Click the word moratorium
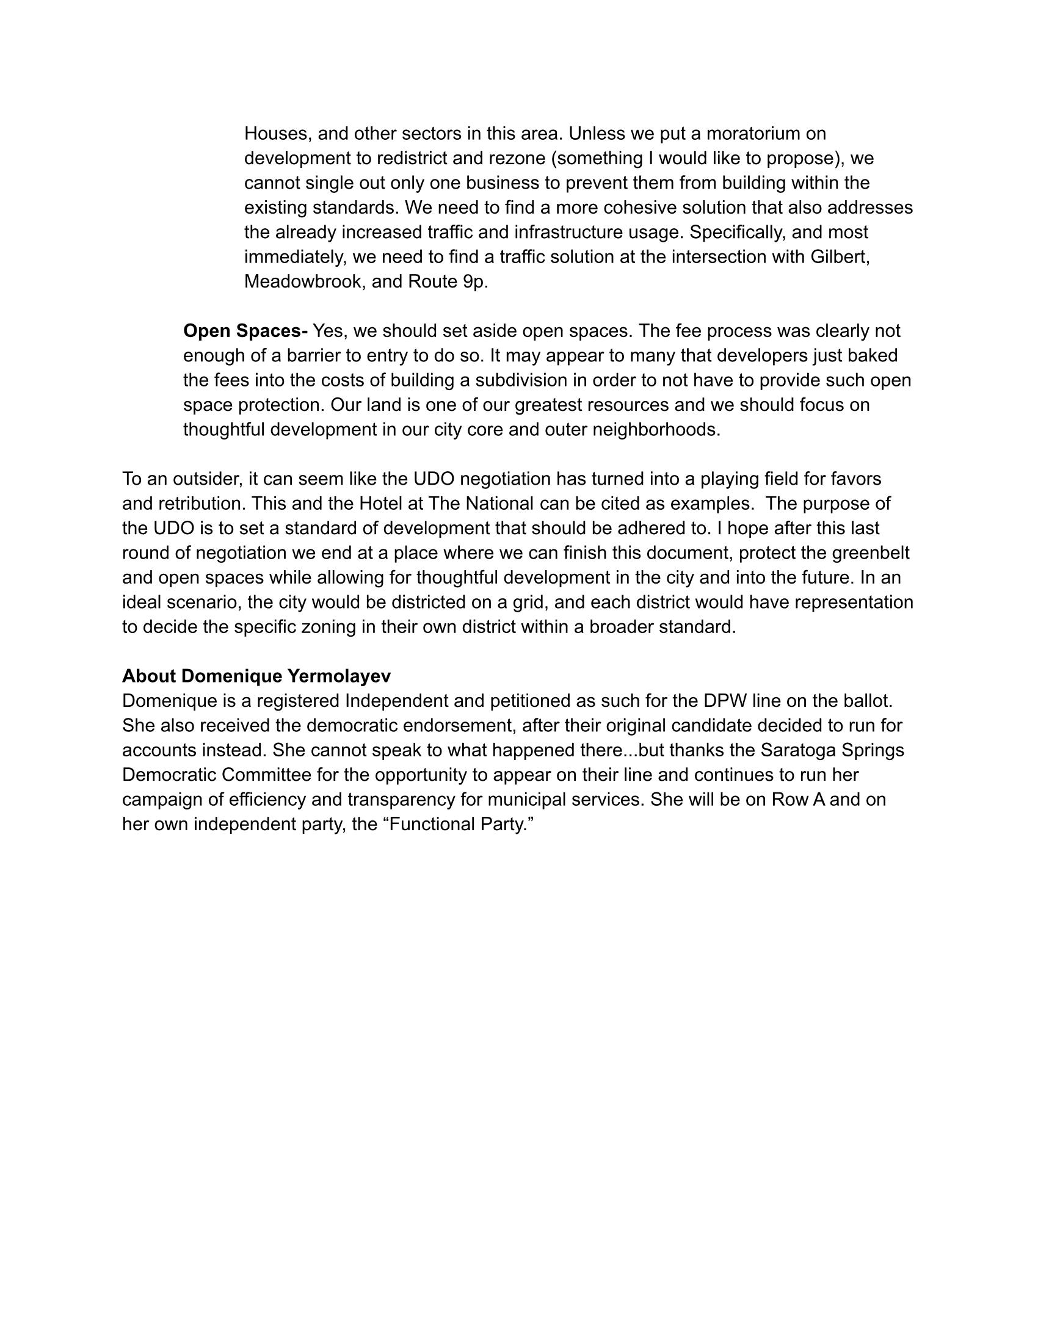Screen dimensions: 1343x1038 758,134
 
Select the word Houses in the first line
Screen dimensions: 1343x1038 278,134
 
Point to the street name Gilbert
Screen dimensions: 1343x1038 839,256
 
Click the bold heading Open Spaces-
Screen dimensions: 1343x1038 245,331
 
